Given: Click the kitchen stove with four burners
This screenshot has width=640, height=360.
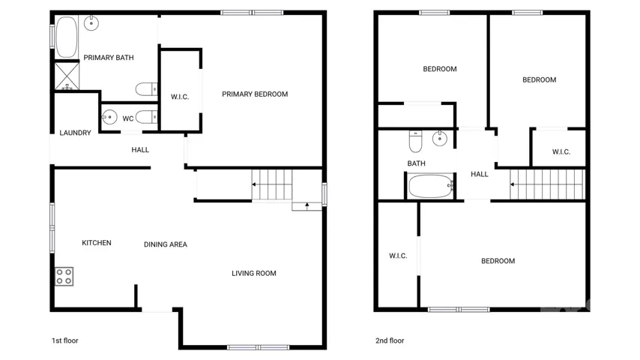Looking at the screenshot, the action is (x=64, y=276).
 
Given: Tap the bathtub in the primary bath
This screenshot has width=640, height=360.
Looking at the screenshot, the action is (x=67, y=37).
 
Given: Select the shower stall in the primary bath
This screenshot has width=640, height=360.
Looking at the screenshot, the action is (x=67, y=76).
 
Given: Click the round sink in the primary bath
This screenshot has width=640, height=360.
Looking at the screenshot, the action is (x=91, y=23).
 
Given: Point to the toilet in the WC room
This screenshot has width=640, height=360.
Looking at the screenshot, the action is (x=147, y=117).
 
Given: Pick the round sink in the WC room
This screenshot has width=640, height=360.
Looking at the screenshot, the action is (x=109, y=117).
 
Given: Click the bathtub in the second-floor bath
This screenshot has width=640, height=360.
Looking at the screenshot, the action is (x=431, y=186).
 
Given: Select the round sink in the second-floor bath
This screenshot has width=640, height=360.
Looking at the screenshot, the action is (x=440, y=139).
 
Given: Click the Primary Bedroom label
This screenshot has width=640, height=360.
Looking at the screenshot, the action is (x=255, y=94).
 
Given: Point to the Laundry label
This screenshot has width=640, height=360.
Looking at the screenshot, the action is (x=75, y=133).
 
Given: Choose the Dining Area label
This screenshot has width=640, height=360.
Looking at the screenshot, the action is (x=166, y=244).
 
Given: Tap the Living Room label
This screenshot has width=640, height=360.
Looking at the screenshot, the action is (x=254, y=273).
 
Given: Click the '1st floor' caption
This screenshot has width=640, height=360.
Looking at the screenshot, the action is (x=65, y=340).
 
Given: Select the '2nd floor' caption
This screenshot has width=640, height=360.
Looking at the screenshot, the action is (x=390, y=340).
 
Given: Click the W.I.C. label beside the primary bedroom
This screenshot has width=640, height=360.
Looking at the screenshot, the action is (x=180, y=97).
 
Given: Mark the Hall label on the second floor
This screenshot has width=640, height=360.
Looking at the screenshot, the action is (x=480, y=174).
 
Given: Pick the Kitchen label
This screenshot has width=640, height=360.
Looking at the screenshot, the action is (x=97, y=243).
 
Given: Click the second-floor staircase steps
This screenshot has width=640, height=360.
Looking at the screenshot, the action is (x=547, y=184).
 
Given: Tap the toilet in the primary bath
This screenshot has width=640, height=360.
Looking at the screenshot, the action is (x=147, y=88).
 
